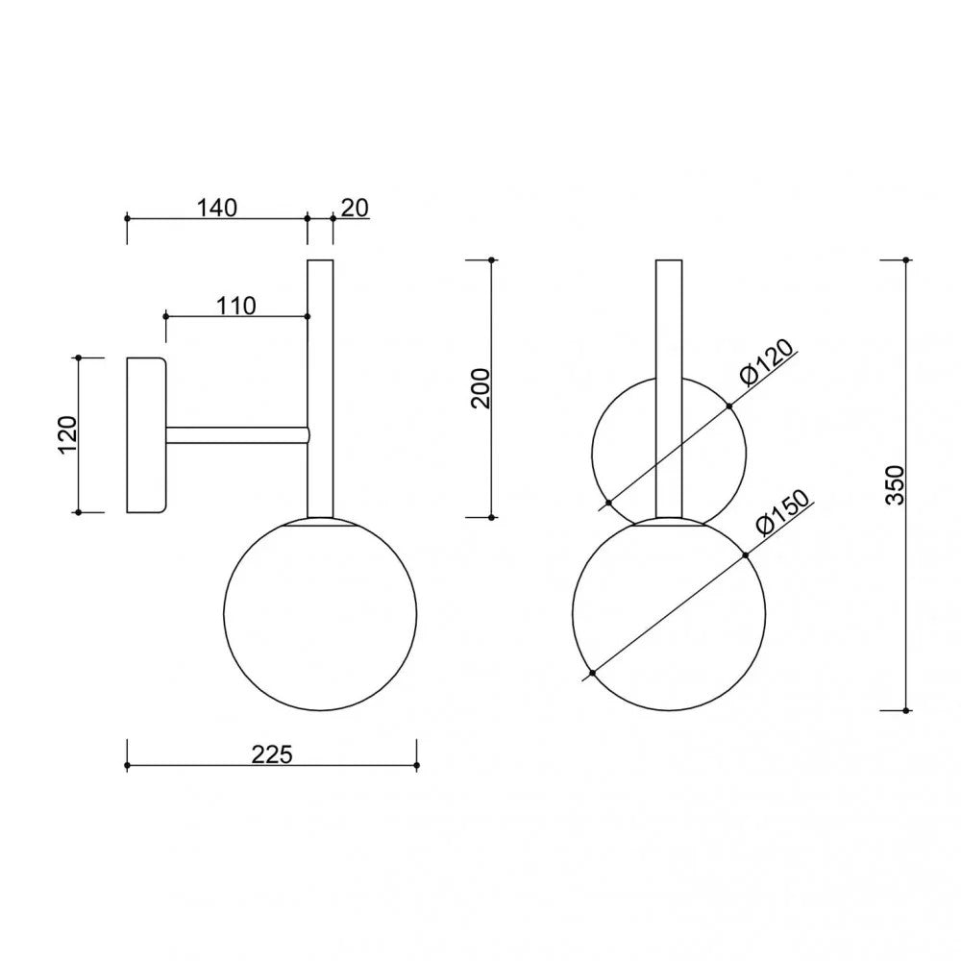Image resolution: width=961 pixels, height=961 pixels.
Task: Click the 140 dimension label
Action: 216,208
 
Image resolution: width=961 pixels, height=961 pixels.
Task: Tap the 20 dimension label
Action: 355,208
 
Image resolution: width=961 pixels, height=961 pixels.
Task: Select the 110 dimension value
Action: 236,306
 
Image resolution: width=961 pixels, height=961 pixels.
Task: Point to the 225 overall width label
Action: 272,754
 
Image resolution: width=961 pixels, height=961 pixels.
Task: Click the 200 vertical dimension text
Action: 481,388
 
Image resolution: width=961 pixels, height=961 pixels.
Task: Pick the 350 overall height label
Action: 896,484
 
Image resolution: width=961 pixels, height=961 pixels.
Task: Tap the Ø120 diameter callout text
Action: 766,361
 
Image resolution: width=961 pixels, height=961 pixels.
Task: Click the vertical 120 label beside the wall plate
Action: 67,434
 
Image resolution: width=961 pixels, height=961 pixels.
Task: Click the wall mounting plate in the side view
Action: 146,435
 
